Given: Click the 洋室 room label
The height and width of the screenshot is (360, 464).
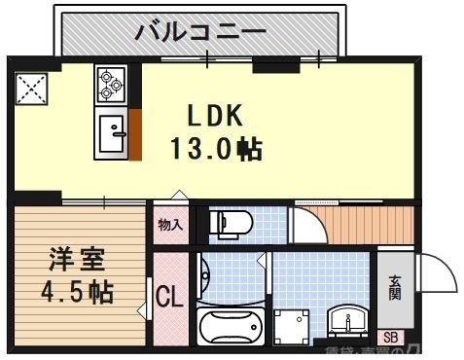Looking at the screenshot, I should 77,260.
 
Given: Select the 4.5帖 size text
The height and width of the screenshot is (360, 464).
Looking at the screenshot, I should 77,291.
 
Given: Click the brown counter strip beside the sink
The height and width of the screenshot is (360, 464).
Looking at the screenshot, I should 135,134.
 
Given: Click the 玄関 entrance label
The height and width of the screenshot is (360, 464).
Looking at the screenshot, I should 395,287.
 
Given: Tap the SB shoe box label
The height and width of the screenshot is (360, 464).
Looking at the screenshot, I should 391,339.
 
